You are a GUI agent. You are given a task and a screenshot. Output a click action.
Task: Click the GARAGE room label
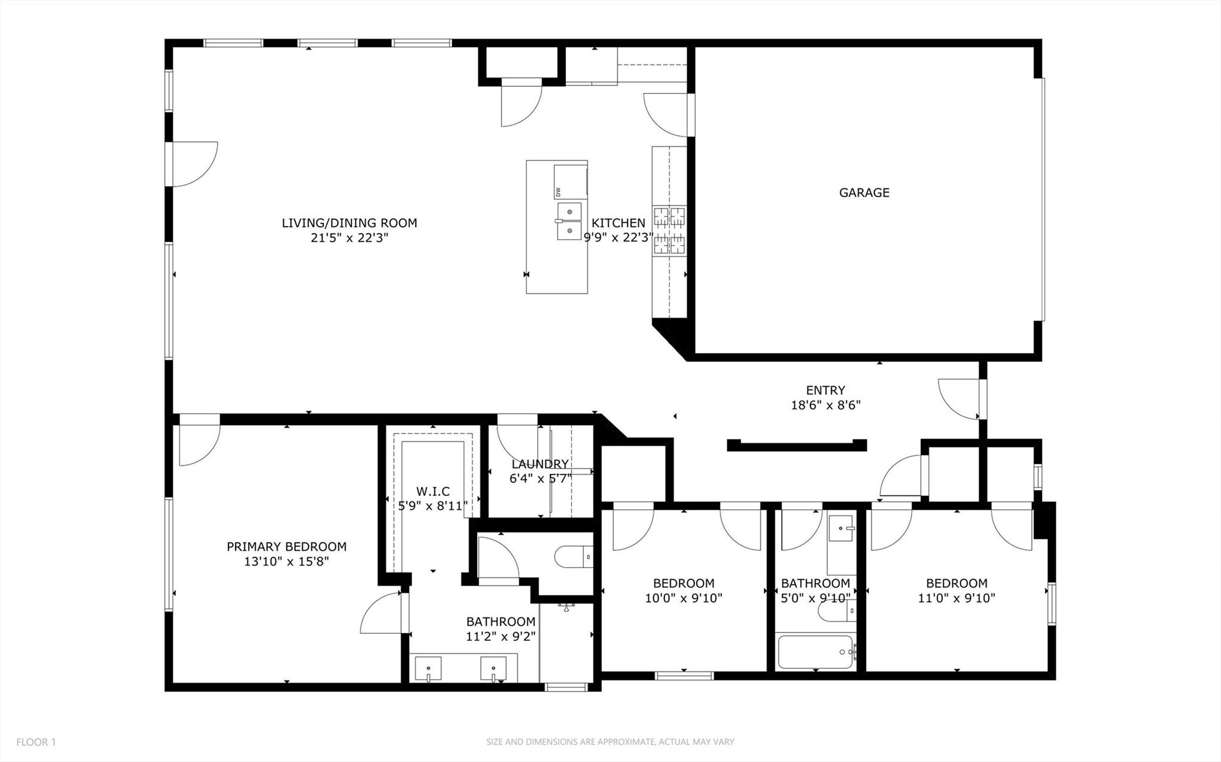click(x=864, y=193)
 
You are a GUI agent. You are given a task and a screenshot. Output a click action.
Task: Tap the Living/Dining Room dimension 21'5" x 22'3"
click(x=350, y=238)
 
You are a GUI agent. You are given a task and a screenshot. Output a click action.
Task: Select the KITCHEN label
click(x=618, y=223)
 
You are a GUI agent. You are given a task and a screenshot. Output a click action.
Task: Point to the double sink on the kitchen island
click(x=569, y=221)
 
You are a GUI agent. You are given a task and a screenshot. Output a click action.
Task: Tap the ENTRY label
click(x=825, y=391)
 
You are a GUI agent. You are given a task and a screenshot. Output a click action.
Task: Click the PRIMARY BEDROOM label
click(x=286, y=547)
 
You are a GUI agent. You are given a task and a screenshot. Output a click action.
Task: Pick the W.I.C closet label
click(x=433, y=492)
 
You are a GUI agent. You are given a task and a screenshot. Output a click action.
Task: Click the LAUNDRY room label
click(x=540, y=464)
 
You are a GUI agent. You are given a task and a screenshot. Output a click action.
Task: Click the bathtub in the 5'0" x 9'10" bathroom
click(x=815, y=652)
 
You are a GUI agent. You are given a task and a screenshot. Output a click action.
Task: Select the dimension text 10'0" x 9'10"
click(x=684, y=598)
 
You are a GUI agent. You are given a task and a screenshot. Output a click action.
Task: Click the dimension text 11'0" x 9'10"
click(x=956, y=598)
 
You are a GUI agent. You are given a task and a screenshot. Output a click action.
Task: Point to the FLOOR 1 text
click(x=36, y=742)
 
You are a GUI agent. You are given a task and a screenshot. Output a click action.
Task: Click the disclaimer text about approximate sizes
click(x=610, y=742)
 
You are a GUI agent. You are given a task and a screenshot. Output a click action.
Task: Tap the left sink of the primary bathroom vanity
click(x=428, y=669)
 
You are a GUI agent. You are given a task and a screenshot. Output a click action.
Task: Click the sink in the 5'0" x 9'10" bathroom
click(x=842, y=528)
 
